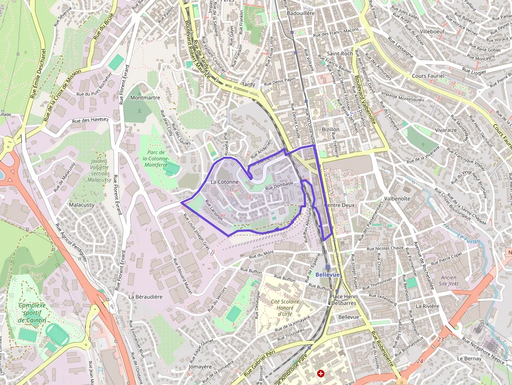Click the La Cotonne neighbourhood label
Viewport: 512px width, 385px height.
tap(224, 182)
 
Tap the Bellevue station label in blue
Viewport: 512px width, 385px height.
tap(328, 274)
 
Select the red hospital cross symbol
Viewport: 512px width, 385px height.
tap(321, 374)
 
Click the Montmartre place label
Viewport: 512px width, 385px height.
tap(145, 98)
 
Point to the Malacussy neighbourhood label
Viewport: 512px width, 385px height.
tap(82, 205)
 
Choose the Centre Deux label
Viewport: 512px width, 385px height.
tap(340, 205)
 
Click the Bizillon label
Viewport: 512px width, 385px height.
tap(331, 129)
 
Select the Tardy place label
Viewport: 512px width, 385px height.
tap(248, 84)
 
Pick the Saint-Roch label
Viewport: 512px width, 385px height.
tap(339, 53)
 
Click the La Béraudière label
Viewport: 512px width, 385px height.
tap(146, 296)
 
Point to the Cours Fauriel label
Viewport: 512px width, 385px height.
tap(428, 76)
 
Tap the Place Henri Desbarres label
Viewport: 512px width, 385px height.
tap(343, 299)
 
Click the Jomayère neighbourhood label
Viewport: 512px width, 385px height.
tap(200, 367)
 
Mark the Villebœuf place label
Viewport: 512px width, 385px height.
tap(432, 31)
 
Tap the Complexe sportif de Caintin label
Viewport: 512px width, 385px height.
tap(32, 312)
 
